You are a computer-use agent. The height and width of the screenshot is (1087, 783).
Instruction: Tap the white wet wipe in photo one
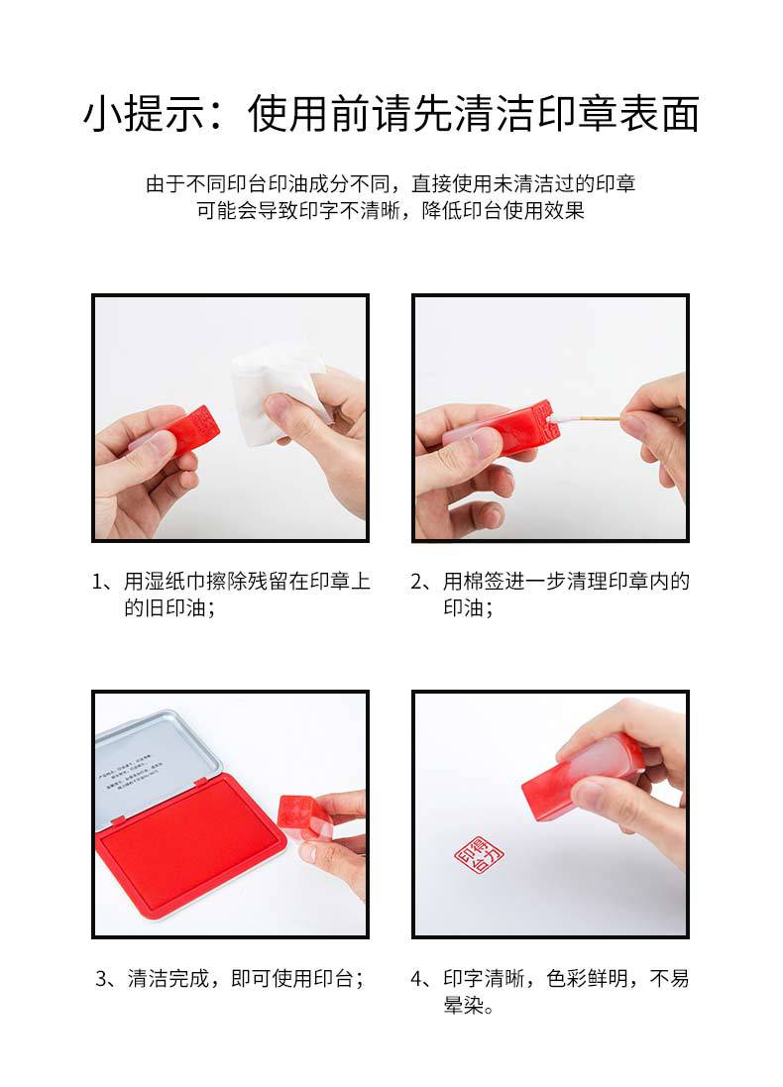272,391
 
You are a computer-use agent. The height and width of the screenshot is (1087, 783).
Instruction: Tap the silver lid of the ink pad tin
149,753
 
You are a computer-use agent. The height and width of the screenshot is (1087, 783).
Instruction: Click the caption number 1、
106,582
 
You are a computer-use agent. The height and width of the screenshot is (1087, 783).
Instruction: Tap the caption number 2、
424,582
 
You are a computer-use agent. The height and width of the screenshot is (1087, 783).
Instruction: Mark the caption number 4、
424,979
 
